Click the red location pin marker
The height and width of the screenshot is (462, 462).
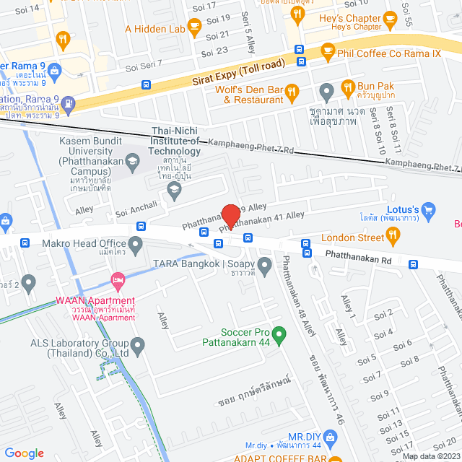tap(230, 215)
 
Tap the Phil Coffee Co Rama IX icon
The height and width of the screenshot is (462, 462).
tap(328, 51)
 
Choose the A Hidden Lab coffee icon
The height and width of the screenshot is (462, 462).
tap(193, 27)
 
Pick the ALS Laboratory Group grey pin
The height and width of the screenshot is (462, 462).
tap(138, 349)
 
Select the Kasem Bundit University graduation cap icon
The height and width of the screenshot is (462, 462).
tap(134, 162)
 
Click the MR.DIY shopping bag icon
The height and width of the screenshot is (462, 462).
tap(331, 437)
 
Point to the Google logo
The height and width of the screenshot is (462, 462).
tap(25, 453)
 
